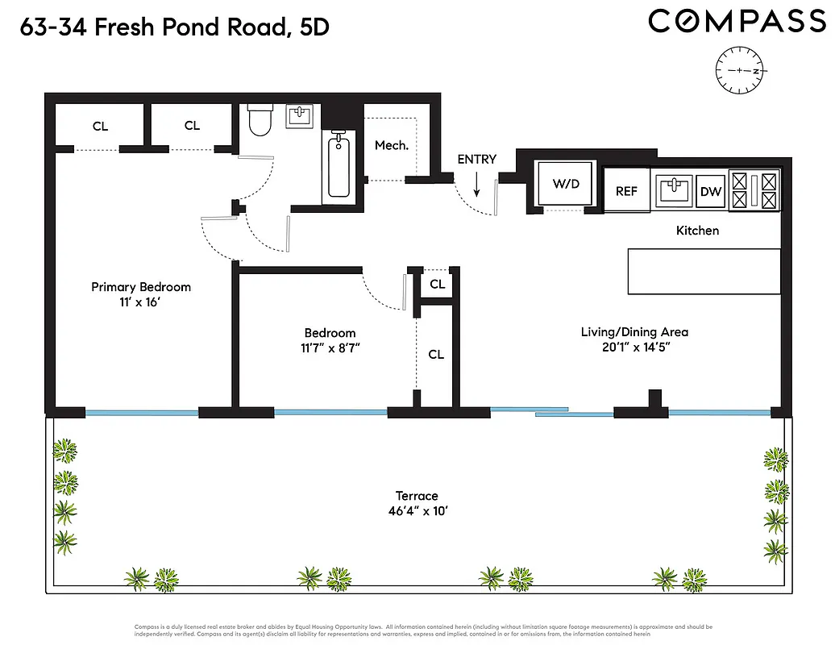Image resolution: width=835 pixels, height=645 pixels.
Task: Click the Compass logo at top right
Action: (737, 22)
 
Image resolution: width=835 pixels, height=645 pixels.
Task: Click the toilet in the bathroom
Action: (260, 120)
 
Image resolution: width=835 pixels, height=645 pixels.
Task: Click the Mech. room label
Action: (392, 146)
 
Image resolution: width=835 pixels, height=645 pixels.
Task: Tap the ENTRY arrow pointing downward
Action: (476, 186)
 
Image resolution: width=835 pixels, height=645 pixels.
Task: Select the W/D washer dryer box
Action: (566, 185)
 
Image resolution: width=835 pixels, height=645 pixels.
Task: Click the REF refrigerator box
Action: (626, 191)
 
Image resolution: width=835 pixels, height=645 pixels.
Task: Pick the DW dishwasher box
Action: (710, 192)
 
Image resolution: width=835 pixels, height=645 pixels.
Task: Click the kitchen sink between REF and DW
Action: (674, 191)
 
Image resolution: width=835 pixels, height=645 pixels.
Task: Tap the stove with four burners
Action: (754, 191)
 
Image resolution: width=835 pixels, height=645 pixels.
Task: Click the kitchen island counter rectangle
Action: (704, 271)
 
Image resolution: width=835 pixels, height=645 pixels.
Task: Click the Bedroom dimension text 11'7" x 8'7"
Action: (330, 348)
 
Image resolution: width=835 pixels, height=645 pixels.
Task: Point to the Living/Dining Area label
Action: (634, 331)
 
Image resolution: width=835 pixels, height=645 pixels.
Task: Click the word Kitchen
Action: (697, 231)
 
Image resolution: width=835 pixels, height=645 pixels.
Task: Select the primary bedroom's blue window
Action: (142, 413)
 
